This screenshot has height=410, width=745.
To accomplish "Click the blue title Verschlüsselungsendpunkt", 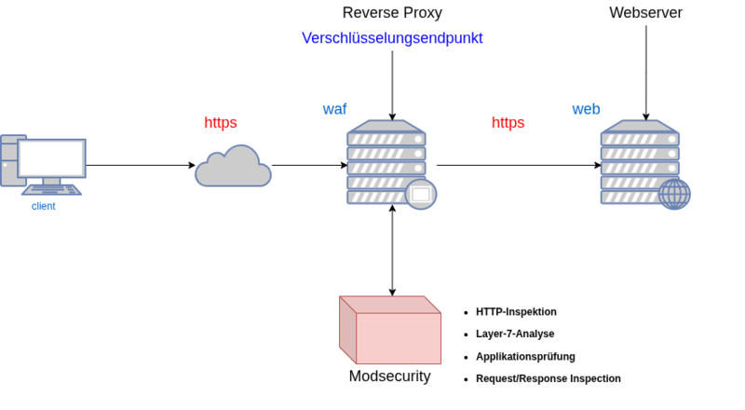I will (392, 38).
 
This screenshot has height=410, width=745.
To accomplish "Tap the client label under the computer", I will (44, 206).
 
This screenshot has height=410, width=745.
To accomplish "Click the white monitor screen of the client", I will (51, 157).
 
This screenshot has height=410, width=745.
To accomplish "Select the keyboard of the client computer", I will (51, 190).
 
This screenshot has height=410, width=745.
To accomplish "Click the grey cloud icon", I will (233, 169).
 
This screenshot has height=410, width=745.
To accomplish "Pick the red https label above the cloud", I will (221, 123).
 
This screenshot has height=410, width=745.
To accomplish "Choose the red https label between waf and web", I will (508, 123).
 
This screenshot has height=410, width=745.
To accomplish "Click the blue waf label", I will (334, 109).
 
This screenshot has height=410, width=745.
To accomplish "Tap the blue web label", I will (586, 109).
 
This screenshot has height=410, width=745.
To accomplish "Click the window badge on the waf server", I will (421, 194).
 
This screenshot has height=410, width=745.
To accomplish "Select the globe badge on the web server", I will (674, 194).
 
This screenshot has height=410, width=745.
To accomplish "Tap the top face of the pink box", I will (389, 304).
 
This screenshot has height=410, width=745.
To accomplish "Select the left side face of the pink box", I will (346, 331).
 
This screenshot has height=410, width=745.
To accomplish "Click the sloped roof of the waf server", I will (386, 124).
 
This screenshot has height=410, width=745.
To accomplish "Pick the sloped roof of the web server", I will (639, 124).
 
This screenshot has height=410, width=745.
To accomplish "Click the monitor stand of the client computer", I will (51, 182).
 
